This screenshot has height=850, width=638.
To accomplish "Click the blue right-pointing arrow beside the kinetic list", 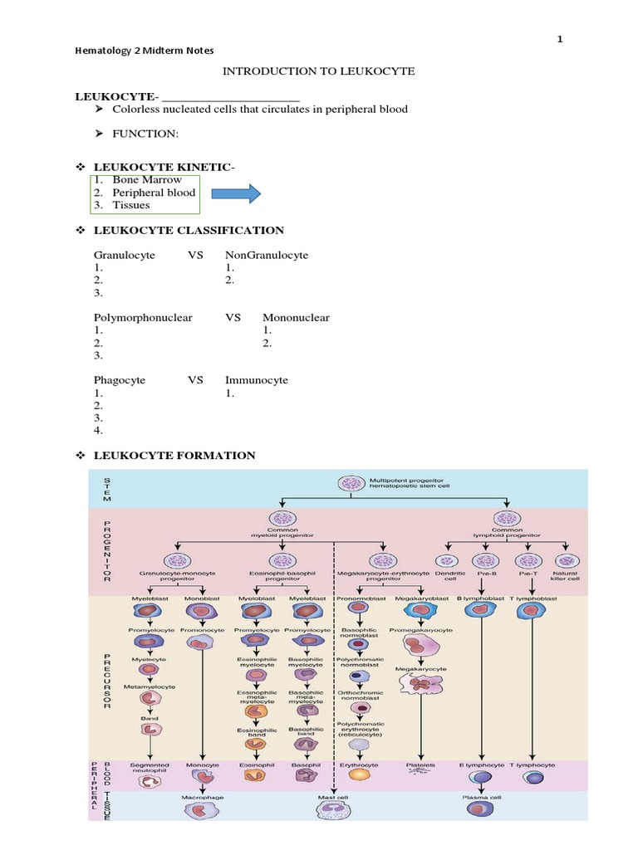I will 237,194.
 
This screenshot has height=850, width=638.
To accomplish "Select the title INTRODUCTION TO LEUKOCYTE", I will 318,72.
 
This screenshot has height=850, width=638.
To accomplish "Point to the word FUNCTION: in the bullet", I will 146,134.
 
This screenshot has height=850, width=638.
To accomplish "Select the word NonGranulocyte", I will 266,255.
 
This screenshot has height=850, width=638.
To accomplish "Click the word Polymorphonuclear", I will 143,317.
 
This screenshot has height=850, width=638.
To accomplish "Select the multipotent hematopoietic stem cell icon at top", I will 350,483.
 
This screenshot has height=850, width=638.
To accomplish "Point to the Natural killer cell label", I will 565,576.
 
